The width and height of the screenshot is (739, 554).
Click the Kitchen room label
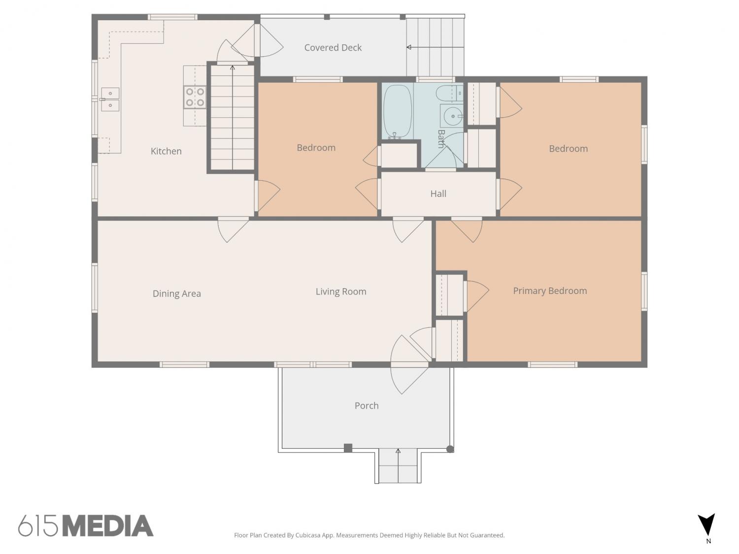(x=166, y=151)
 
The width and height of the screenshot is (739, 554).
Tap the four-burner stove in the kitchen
(x=195, y=97)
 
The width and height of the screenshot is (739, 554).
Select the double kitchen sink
(x=110, y=99)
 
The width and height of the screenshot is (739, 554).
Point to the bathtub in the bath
(x=397, y=112)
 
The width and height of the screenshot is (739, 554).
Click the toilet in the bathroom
(x=449, y=93)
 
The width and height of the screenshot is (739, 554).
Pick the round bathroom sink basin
(x=452, y=116)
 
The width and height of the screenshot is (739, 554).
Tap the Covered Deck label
(x=333, y=48)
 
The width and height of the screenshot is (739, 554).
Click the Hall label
(x=438, y=194)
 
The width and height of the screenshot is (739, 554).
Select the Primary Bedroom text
(x=550, y=291)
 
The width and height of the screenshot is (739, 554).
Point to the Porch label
(x=367, y=406)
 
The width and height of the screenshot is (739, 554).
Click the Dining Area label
(x=177, y=293)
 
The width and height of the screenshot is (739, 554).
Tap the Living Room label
(x=341, y=292)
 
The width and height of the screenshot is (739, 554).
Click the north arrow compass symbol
(x=706, y=524)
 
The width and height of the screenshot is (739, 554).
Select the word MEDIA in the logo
(x=108, y=526)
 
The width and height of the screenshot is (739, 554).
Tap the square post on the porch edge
(x=348, y=448)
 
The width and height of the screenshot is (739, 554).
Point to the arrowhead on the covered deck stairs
(x=409, y=47)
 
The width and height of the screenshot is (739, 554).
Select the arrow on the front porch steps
(x=398, y=465)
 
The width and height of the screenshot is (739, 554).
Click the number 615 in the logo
(x=38, y=526)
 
